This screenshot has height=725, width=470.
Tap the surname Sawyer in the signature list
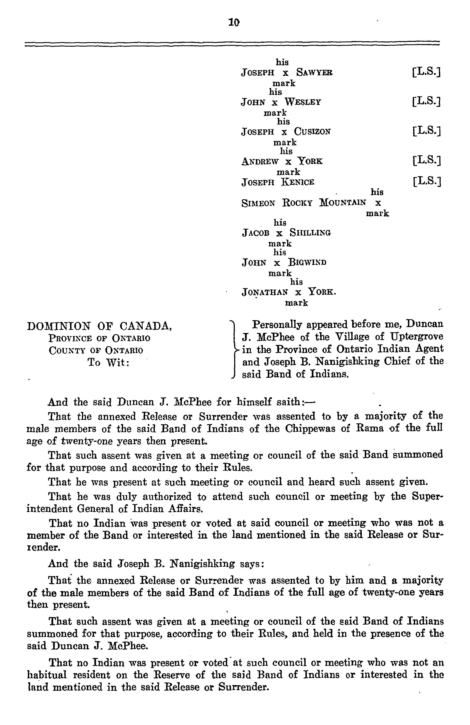coord(315,73)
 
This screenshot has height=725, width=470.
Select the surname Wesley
coord(303,102)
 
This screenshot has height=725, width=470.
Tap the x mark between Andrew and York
coord(288,162)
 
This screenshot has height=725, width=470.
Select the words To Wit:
coord(108,363)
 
